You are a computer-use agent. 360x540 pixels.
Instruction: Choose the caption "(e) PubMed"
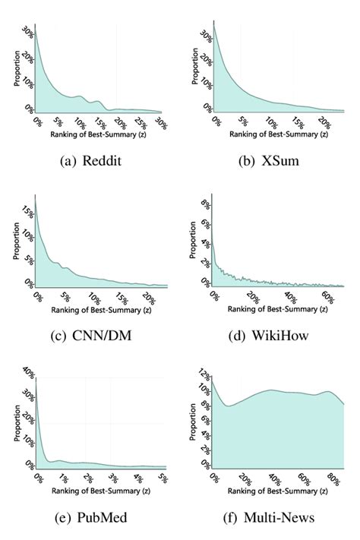coord(90,517)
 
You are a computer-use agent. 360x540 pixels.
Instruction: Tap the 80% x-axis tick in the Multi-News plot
coord(331,480)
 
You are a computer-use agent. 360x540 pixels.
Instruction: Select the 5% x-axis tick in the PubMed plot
coord(161,478)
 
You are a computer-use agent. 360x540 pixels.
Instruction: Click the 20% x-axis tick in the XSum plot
coord(323,122)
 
